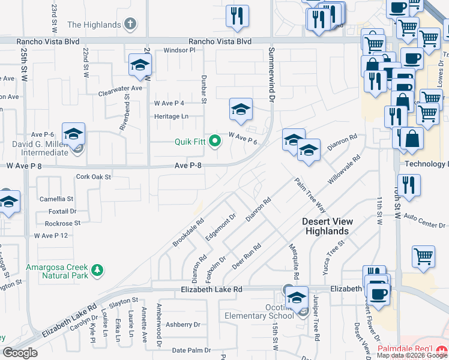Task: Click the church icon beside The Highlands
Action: pyautogui.click(x=131, y=25)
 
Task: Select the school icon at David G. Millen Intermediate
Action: pyautogui.click(x=73, y=136)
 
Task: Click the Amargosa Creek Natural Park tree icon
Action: pyautogui.click(x=97, y=272)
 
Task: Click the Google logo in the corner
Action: pyautogui.click(x=20, y=353)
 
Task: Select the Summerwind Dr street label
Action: pyautogui.click(x=271, y=74)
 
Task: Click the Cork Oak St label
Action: pyautogui.click(x=94, y=177)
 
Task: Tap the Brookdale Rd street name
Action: pyautogui.click(x=188, y=233)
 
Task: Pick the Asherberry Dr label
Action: pyautogui.click(x=182, y=325)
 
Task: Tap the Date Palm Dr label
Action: pyautogui.click(x=191, y=350)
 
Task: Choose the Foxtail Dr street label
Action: pyautogui.click(x=63, y=211)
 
